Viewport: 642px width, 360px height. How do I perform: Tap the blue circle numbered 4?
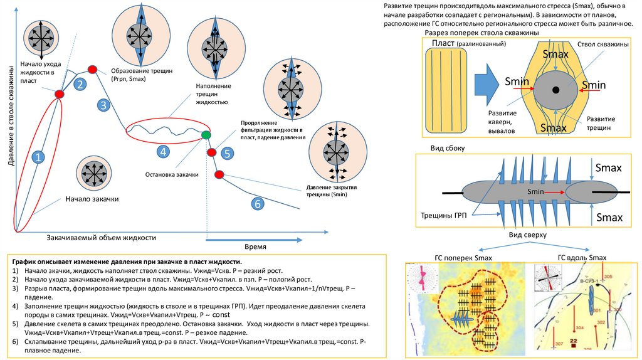[162, 151]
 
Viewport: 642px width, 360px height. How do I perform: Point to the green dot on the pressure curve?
[206, 135]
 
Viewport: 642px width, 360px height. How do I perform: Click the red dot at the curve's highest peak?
[92, 68]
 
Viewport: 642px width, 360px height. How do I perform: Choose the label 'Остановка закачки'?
[171, 174]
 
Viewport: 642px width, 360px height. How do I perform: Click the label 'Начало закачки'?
[92, 199]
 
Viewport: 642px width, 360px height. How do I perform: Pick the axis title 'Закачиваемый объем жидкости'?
[101, 238]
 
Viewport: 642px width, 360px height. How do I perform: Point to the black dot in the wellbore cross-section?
[556, 90]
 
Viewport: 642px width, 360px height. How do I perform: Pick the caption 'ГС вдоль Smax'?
[582, 257]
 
